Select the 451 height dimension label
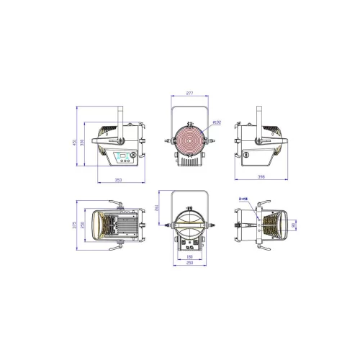(73, 143)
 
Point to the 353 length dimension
(119, 180)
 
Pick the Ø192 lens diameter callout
(218, 123)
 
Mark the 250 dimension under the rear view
(189, 263)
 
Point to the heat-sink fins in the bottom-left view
(122, 227)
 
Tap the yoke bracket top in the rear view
(189, 192)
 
